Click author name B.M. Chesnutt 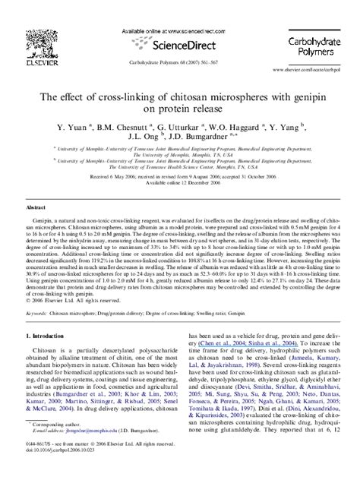(x=131, y=128)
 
